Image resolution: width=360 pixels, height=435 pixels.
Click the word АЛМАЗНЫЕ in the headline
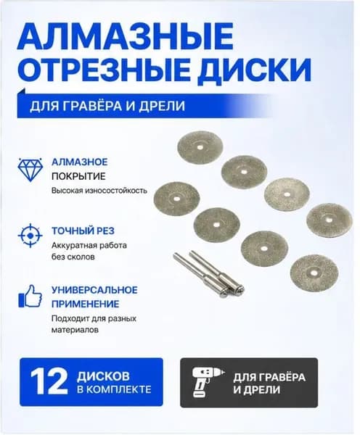125,36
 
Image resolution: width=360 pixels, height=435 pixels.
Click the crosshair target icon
30,236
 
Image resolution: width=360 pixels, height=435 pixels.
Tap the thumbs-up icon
30,296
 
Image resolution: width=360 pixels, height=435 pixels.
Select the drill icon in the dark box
208,383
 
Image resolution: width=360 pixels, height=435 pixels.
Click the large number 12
49,382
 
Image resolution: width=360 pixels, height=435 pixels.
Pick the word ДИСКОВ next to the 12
103,376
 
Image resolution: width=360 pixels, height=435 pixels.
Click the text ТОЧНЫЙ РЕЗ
83,231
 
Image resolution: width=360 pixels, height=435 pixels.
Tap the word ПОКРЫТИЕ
78,176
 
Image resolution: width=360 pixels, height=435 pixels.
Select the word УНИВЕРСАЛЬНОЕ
94,290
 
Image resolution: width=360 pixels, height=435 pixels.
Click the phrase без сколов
73,257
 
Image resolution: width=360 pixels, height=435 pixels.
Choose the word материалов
75,330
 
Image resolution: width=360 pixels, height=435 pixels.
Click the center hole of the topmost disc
200,147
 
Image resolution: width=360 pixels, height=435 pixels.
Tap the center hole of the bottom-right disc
314,273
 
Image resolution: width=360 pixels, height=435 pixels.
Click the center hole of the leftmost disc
176,199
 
